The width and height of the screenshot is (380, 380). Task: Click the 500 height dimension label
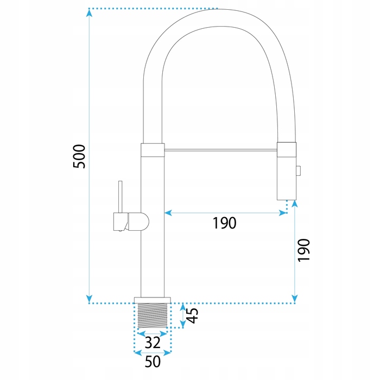(x=79, y=156)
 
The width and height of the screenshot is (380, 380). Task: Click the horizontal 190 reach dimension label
(x=224, y=223)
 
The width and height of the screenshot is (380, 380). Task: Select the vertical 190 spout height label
(x=303, y=250)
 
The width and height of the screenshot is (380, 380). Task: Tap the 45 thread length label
(x=193, y=315)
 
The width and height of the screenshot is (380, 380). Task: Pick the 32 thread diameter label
(x=153, y=343)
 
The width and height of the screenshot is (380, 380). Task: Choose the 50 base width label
(x=153, y=362)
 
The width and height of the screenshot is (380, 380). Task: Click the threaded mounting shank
(x=153, y=315)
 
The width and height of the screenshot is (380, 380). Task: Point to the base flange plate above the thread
(x=153, y=300)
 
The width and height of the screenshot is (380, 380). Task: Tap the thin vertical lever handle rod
(x=120, y=197)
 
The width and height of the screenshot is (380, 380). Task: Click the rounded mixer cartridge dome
(x=139, y=221)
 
